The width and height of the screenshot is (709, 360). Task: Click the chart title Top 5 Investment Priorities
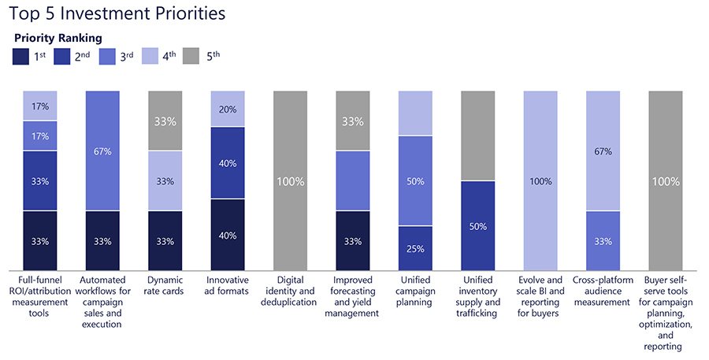pyautogui.click(x=117, y=13)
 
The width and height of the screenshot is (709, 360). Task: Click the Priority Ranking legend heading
pyautogui.click(x=58, y=38)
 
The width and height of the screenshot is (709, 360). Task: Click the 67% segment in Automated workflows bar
pyautogui.click(x=102, y=151)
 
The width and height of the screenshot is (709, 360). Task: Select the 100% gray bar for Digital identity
pyautogui.click(x=291, y=180)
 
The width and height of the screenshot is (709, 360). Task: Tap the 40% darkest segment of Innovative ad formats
pyautogui.click(x=228, y=234)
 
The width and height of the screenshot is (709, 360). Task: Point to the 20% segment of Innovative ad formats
pyautogui.click(x=228, y=109)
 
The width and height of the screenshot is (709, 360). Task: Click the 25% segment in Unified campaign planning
pyautogui.click(x=416, y=248)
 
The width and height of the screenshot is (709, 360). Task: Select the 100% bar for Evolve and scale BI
pyautogui.click(x=541, y=180)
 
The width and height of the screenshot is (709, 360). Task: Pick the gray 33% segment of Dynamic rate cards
pyautogui.click(x=165, y=121)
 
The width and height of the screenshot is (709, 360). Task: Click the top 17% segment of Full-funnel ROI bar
pyautogui.click(x=39, y=106)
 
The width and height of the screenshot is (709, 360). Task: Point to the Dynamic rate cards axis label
pyautogui.click(x=165, y=285)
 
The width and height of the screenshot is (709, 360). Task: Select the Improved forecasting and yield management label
pyautogui.click(x=353, y=296)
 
